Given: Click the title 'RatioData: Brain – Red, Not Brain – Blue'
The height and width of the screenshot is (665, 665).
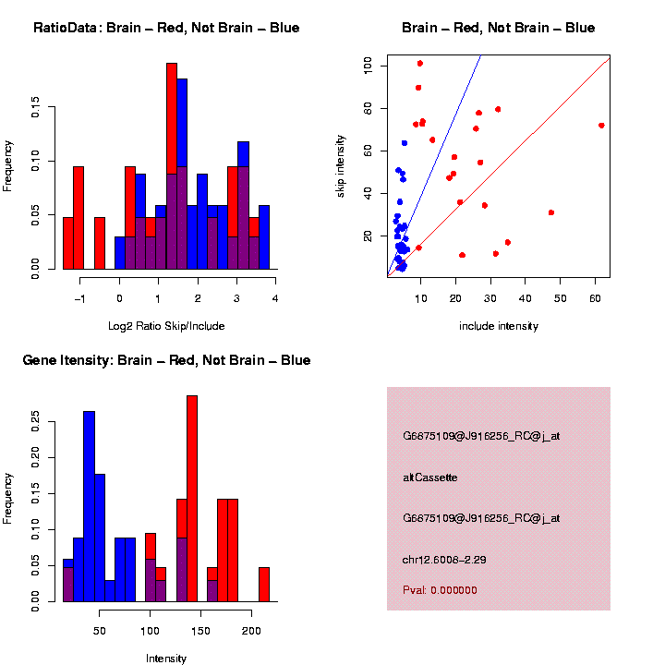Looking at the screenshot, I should coord(166,28).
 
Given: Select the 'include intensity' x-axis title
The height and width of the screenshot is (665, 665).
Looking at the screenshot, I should coord(499,326).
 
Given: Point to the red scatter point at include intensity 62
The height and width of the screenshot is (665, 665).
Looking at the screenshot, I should coord(601,126).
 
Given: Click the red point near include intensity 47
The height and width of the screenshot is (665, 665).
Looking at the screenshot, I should coord(551,212).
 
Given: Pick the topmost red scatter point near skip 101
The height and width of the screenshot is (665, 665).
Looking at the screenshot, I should coord(420,64).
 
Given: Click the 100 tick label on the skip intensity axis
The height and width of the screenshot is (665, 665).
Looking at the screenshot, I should coord(369,66).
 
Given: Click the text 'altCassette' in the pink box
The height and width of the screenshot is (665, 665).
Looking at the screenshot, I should coord(430,478).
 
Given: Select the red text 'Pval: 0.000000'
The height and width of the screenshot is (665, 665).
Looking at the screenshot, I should coord(440,589).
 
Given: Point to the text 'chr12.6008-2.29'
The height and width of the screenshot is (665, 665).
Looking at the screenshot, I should coord(445,560).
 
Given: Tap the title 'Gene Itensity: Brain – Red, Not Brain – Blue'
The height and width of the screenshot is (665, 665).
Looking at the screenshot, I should coord(166,360).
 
